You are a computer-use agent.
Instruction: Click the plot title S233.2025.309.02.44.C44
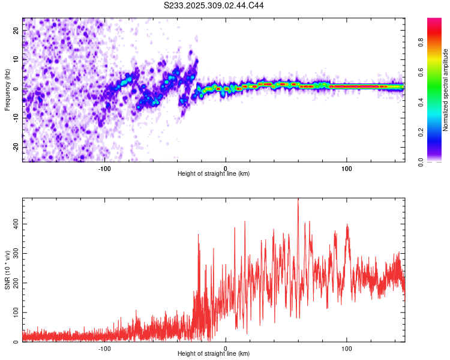click(x=214, y=5)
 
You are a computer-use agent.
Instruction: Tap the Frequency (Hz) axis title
click(x=7, y=89)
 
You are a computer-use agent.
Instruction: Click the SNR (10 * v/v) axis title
click(x=7, y=270)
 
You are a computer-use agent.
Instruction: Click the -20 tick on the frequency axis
click(x=16, y=147)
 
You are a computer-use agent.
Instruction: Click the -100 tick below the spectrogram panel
click(x=104, y=167)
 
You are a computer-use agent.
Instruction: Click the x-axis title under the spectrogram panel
click(x=214, y=173)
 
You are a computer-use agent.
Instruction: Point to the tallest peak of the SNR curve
click(x=298, y=200)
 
